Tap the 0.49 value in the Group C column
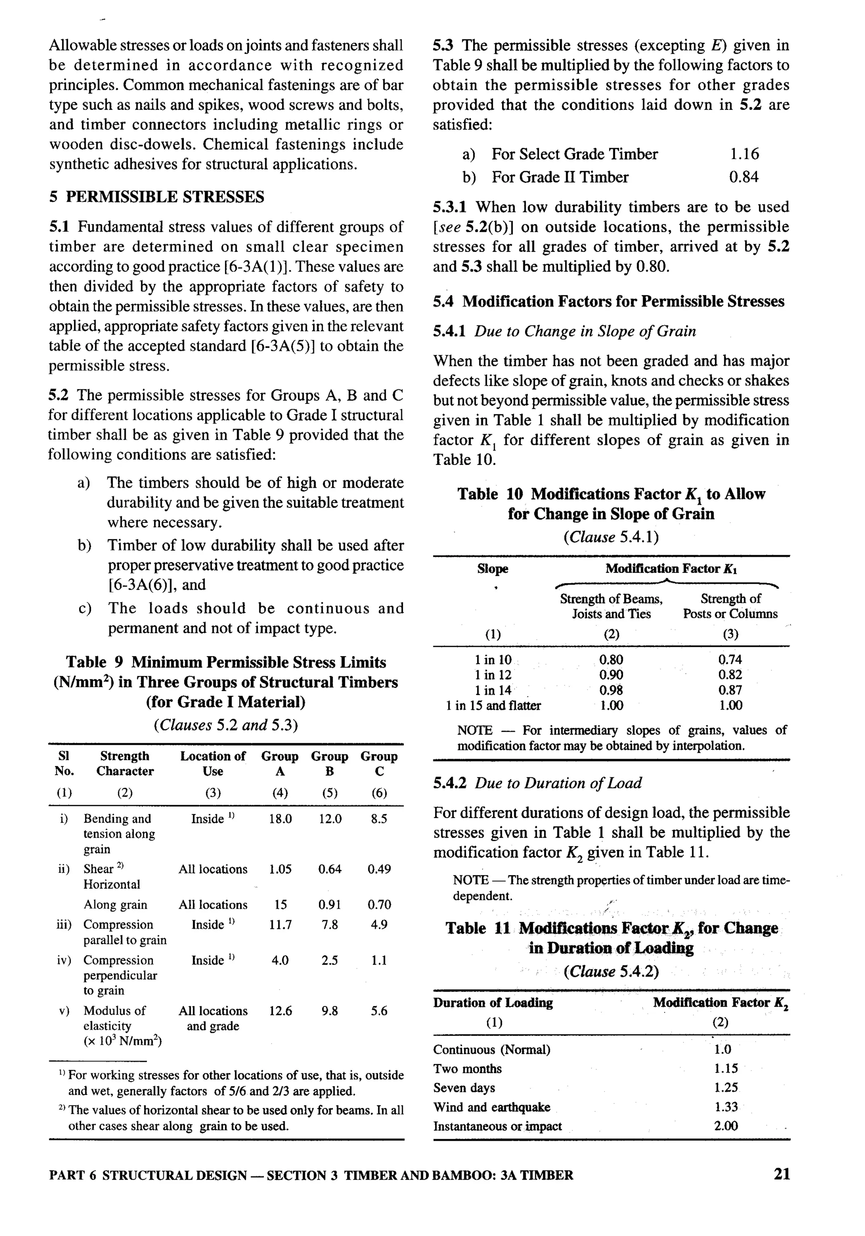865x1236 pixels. [x=379, y=869]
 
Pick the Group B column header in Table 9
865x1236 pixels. [x=329, y=763]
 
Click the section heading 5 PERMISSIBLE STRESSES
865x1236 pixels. [x=157, y=197]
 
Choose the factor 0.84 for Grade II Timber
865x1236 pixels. [x=743, y=177]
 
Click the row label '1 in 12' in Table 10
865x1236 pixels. [x=493, y=675]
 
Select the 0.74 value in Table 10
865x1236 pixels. [x=730, y=660]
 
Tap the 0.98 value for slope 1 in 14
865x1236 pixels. [x=611, y=690]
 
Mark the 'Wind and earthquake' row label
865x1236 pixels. [x=492, y=1107]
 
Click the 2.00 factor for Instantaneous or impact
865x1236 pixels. [x=726, y=1126]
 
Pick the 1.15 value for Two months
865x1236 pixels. [x=726, y=1069]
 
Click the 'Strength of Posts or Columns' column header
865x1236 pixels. [x=730, y=606]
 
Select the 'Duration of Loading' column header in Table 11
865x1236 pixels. [x=493, y=1002]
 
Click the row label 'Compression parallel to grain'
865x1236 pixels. [x=124, y=932]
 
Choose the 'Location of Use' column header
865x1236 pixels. [x=212, y=763]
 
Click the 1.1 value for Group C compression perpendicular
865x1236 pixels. [x=379, y=960]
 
